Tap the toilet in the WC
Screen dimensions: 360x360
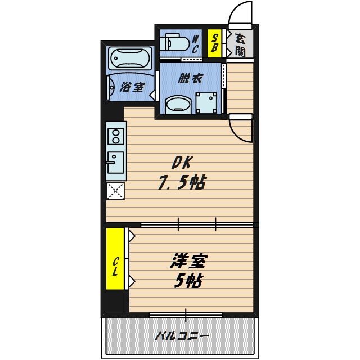[x=174, y=43]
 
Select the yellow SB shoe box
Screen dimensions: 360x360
[x=214, y=43]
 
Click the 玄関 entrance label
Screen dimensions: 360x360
[x=240, y=44]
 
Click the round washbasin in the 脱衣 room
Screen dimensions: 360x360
[x=179, y=105]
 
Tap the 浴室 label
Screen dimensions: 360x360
[x=133, y=88]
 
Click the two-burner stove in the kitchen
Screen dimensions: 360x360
[x=116, y=137]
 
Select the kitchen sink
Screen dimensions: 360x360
[x=116, y=164]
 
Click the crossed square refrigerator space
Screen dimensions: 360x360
[x=116, y=191]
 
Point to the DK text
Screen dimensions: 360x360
[x=182, y=163]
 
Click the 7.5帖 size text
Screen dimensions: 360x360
[x=181, y=182]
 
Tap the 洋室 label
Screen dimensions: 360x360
[x=188, y=262]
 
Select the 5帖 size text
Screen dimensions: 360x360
[x=188, y=280]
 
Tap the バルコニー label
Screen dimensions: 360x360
[x=181, y=337]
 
